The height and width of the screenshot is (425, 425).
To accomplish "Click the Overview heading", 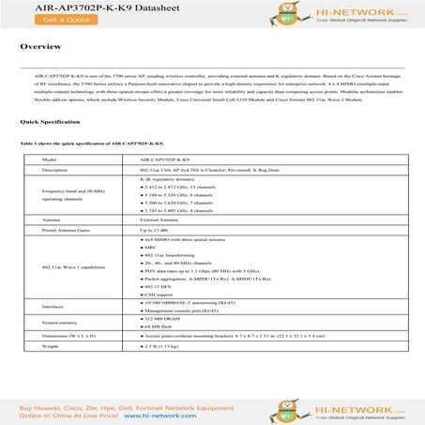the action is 41,46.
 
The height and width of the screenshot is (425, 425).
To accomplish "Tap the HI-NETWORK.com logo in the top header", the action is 357,11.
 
